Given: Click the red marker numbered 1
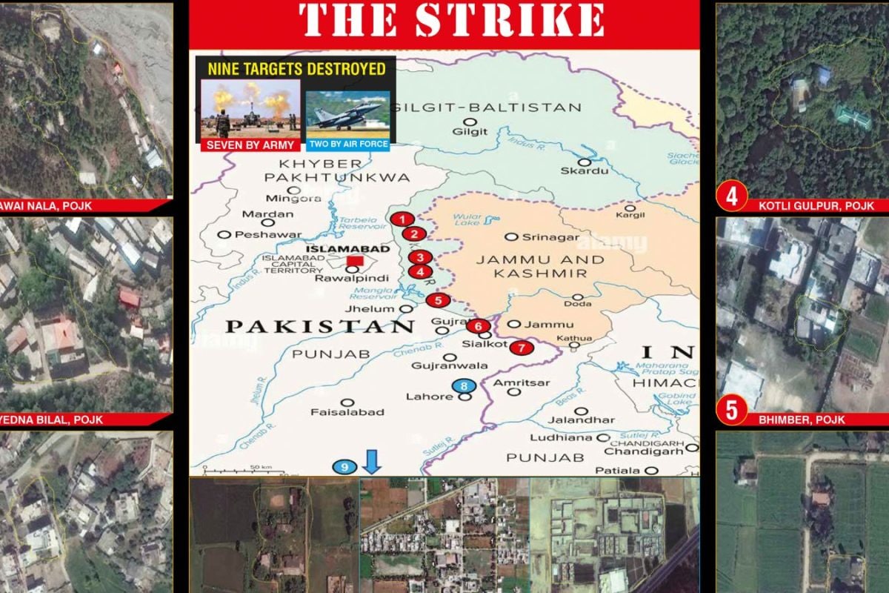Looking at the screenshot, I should [x=402, y=219].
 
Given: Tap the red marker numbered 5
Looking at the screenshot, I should [x=438, y=300].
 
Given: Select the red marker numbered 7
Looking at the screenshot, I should [x=522, y=346].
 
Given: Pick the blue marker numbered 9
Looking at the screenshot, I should [x=344, y=466].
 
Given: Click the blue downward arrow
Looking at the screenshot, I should [x=373, y=462].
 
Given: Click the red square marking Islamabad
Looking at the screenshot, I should [x=356, y=261].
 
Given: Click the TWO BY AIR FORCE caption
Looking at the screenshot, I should [x=347, y=144].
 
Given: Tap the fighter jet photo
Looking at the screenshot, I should [x=347, y=113].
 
